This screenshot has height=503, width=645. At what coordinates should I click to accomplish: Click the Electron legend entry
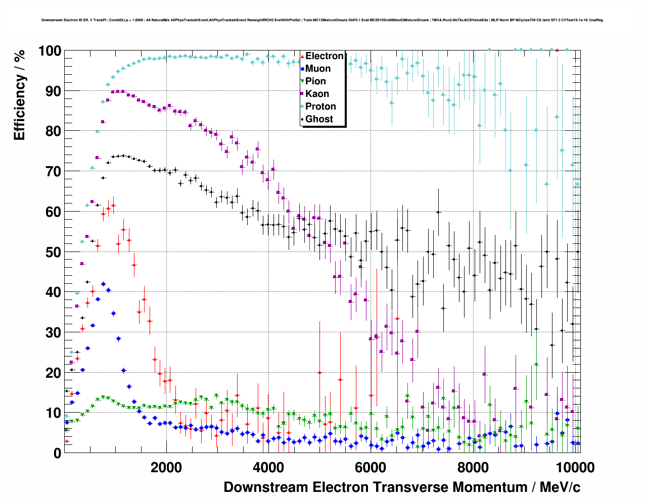(324, 56)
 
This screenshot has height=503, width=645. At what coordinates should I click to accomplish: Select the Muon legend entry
(318, 69)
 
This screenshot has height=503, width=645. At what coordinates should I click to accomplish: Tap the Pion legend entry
(315, 81)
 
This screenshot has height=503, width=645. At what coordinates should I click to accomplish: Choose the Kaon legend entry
(317, 94)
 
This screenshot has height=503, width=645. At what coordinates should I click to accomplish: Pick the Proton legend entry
(320, 107)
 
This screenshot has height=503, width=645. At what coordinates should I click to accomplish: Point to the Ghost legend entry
(319, 119)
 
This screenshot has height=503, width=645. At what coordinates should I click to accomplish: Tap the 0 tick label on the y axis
(57, 454)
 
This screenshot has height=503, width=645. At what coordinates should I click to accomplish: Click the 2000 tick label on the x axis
(165, 467)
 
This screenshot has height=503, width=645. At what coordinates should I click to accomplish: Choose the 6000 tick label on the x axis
(370, 467)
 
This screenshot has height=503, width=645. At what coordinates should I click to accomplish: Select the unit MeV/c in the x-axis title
(560, 487)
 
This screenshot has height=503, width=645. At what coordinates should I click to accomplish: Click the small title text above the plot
(322, 20)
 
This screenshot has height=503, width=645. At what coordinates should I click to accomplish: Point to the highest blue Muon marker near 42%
(103, 284)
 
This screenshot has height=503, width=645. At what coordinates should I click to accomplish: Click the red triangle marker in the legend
(302, 56)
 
